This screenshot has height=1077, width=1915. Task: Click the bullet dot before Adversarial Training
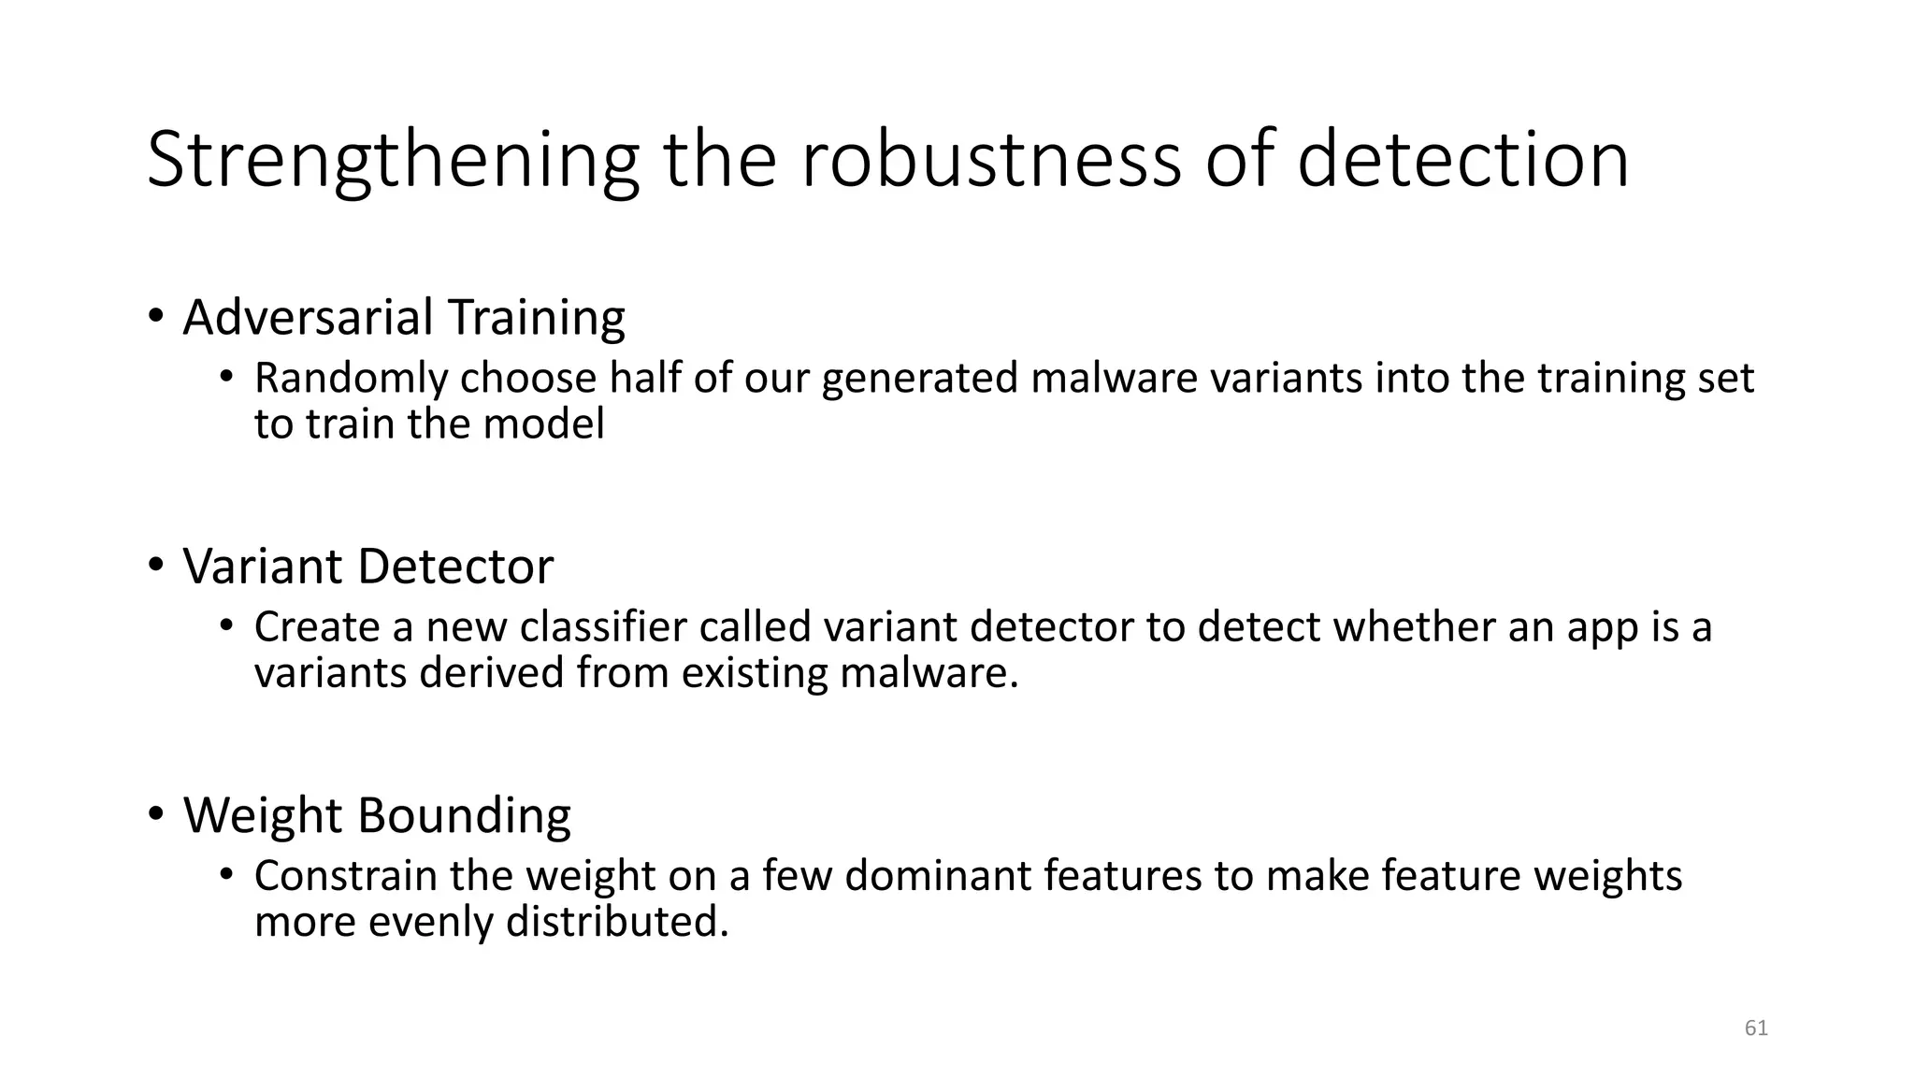[155, 316]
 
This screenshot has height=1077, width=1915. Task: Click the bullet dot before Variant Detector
[155, 565]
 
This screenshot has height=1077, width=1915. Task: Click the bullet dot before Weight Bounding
[155, 813]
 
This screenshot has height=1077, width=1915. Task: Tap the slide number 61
[1756, 1028]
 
